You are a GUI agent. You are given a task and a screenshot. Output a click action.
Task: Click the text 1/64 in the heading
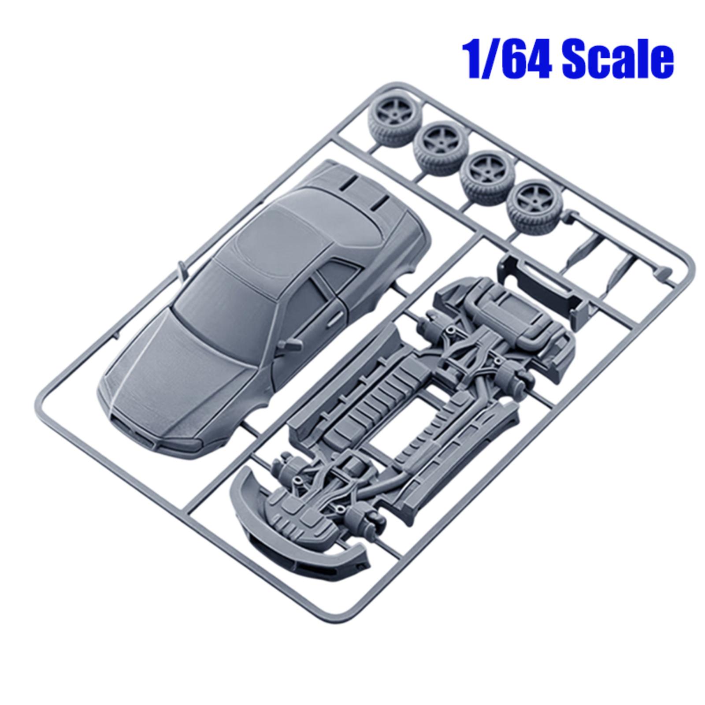[507, 61]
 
